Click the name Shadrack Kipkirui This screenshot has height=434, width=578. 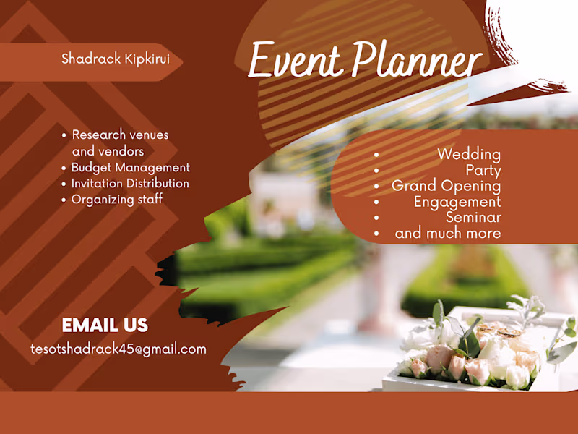116,59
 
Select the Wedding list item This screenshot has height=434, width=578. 468,154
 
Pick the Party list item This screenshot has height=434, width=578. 483,171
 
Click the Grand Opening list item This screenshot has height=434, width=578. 446,186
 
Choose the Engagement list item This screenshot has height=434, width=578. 457,202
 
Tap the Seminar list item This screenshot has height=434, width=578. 473,217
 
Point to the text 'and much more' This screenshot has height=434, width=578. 447,233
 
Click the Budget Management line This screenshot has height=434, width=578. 130,168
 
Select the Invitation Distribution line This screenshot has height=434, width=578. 130,184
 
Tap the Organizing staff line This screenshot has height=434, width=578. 116,200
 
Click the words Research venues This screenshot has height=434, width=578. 120,135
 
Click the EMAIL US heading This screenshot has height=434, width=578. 105,325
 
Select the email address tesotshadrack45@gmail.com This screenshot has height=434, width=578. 118,349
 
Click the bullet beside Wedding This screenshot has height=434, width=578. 376,155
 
